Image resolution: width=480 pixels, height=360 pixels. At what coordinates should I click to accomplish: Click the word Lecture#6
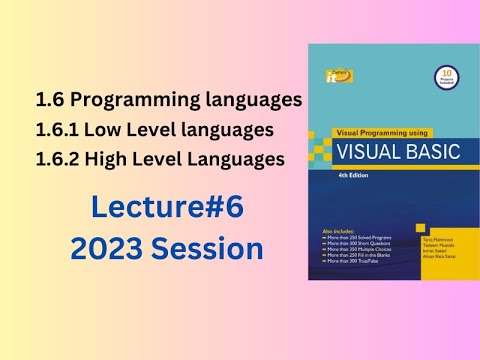[167, 208]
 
